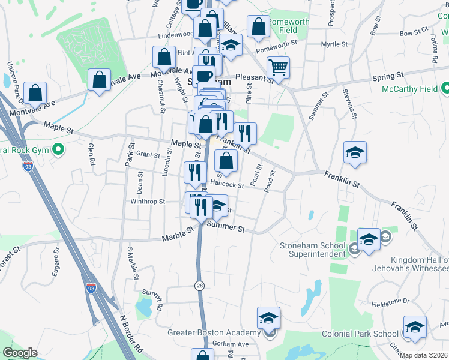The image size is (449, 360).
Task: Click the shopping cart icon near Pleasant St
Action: pyautogui.click(x=278, y=68)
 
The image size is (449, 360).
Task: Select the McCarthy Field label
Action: pyautogui.click(x=410, y=89)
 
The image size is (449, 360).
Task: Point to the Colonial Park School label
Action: pyautogui.click(x=360, y=334)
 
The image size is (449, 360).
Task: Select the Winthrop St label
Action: pyautogui.click(x=148, y=202)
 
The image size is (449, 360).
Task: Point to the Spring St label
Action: pyautogui.click(x=387, y=77)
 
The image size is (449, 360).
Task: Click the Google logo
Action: pyautogui.click(x=20, y=352)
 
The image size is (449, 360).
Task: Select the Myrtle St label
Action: pyautogui.click(x=334, y=44)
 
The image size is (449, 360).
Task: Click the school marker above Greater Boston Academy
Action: pyautogui.click(x=268, y=319)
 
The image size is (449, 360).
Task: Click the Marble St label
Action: pyautogui.click(x=178, y=234)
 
